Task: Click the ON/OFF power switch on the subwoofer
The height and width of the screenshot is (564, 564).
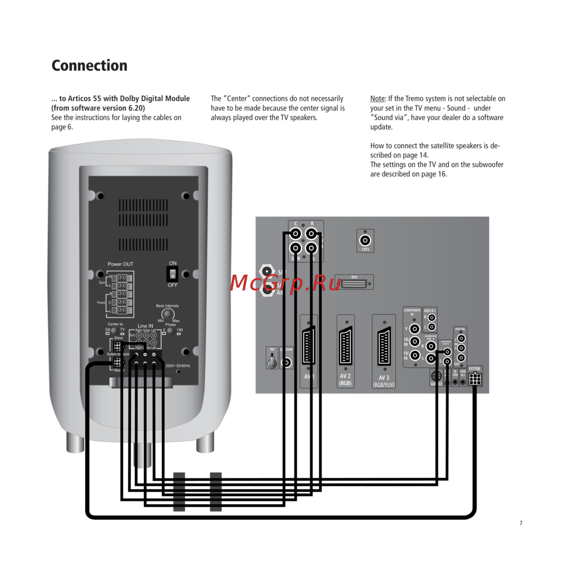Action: [x=173, y=274]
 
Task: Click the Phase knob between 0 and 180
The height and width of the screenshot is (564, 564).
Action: [x=168, y=331]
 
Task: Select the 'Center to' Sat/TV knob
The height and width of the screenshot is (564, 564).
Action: [x=114, y=330]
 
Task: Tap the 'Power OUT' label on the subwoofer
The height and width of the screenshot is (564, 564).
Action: [x=121, y=264]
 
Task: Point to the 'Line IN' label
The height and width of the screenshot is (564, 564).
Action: [x=145, y=326]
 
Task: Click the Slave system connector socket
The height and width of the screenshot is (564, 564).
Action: [x=117, y=346]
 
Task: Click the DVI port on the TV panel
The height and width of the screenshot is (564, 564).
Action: [x=354, y=282]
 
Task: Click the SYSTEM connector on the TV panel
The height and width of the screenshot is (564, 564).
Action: [x=475, y=378]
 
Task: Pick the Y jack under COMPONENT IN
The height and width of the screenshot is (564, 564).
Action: [x=415, y=328]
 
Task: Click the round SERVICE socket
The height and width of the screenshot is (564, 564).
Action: [x=435, y=376]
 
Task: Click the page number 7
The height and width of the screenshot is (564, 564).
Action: [x=521, y=523]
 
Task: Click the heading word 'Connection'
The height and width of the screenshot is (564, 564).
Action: [x=89, y=65]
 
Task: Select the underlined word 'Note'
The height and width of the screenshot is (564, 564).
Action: [x=377, y=99]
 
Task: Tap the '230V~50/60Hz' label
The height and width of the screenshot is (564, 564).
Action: [x=178, y=366]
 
